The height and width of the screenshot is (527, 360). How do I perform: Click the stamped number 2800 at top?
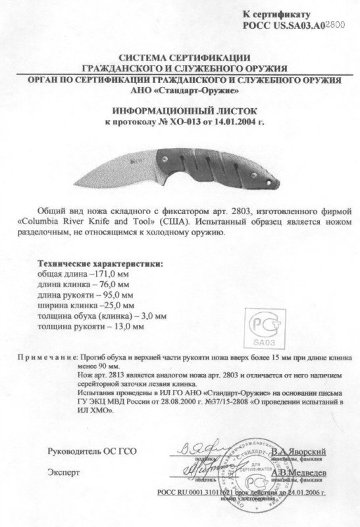click(334, 23)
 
